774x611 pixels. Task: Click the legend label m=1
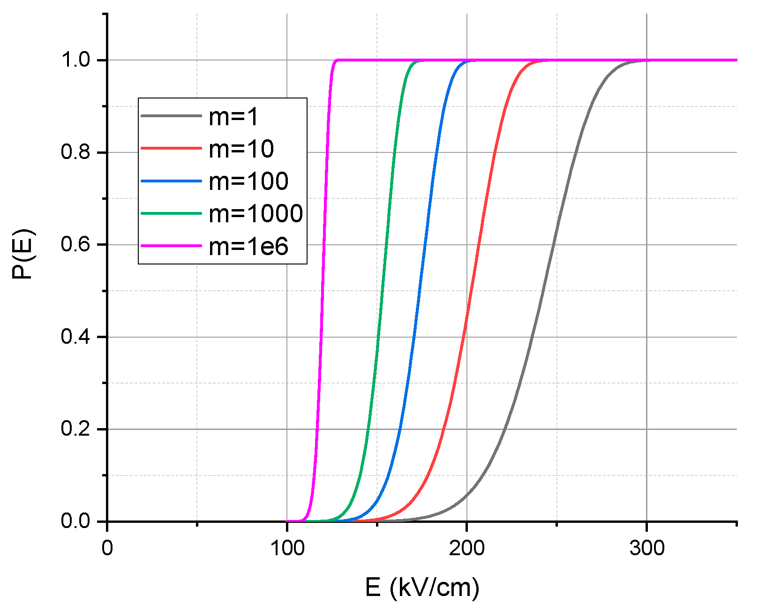[233, 116]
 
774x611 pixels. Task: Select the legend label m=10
[241, 149]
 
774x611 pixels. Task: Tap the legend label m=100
[248, 181]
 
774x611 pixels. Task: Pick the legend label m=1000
[255, 213]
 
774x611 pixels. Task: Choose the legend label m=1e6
[248, 246]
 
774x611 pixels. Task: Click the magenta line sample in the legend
[171, 246]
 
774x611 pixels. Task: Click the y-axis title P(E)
[23, 254]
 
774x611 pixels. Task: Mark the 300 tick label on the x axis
[646, 548]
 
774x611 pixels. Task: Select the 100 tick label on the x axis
[287, 548]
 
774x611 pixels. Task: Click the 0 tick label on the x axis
[107, 548]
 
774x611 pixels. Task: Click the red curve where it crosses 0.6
[478, 245]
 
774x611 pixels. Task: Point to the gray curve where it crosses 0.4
[533, 337]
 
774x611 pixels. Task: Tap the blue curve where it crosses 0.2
[400, 429]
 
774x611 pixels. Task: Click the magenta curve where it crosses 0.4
[321, 337]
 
